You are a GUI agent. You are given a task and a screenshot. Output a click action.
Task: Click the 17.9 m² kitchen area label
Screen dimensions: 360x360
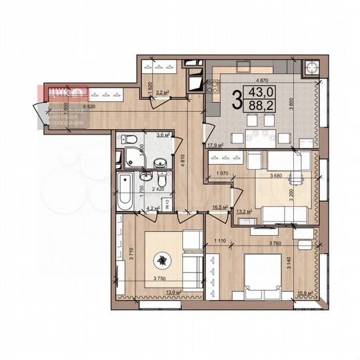coord(215,145)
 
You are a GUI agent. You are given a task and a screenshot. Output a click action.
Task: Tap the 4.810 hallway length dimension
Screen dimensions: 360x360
coord(191,159)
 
